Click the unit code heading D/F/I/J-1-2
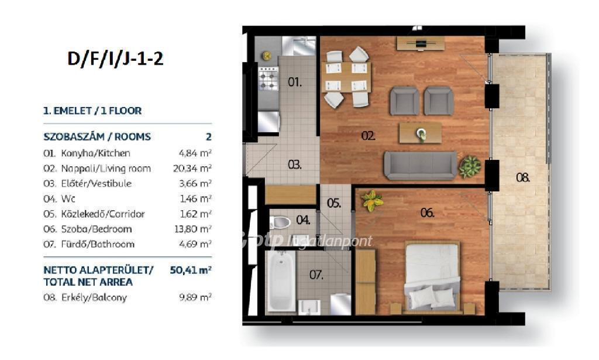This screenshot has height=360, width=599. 115,59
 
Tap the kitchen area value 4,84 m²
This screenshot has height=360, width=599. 195,153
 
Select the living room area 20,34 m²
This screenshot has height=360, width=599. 192,169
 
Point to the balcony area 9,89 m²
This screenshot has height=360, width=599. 195,297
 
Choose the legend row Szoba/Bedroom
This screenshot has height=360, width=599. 97,229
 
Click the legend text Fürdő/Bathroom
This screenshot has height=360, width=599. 98,244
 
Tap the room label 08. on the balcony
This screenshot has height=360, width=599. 522,177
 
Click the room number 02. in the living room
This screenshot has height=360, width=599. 369,136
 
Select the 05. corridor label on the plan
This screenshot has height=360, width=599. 334,203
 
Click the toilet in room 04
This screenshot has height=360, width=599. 280,222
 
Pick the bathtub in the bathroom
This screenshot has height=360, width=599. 281,282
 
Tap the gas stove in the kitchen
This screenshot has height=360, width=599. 268,78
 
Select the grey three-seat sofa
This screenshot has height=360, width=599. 420,166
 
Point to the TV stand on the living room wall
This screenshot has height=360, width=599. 421,43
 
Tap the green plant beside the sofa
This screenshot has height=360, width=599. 470,167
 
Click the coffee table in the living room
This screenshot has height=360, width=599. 421,133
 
